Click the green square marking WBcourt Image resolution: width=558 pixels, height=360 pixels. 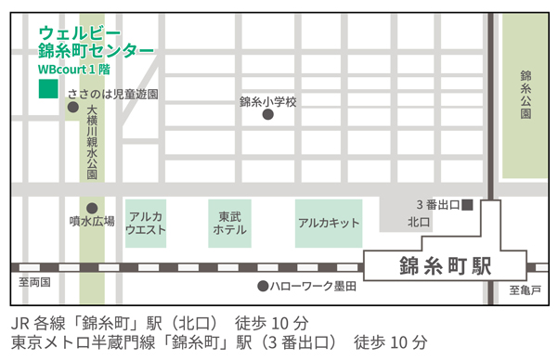[45, 90]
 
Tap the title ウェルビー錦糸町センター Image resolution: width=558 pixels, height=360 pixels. [96, 42]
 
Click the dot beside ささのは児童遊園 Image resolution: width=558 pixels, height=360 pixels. [72, 109]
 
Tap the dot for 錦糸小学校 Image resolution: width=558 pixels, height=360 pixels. [267, 115]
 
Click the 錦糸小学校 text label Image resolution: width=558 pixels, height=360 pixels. [267, 101]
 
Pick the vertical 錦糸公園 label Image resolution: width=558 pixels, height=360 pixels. [526, 94]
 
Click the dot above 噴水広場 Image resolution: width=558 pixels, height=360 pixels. [91, 208]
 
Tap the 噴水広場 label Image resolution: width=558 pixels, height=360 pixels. [92, 222]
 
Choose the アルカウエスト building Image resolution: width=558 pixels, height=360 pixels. [146, 223]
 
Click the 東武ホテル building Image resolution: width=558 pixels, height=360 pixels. [227, 223]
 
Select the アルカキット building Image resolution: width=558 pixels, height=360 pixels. [329, 224]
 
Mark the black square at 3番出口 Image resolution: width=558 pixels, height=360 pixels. [468, 203]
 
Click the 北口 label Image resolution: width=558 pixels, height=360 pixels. [419, 223]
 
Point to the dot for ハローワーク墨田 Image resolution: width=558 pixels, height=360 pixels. [264, 287]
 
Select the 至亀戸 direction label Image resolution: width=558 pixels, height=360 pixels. [524, 291]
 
